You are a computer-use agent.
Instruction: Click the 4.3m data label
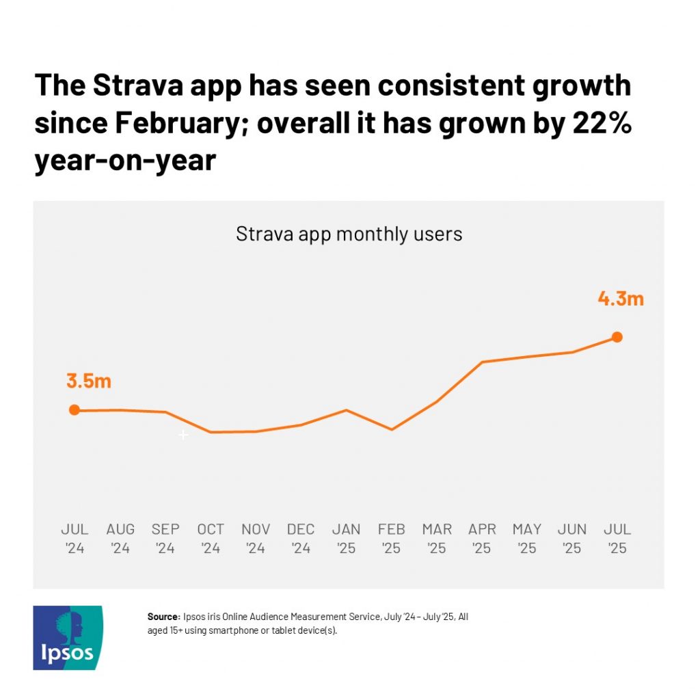pos(621,299)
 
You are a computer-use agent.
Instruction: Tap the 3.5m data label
pos(89,381)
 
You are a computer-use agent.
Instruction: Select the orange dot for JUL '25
pos(617,337)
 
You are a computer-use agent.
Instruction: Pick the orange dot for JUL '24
pos(75,410)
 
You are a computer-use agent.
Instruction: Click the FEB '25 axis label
pos(391,539)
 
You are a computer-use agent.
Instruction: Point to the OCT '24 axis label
pos(211,539)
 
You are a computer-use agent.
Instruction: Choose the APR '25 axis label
pos(482,539)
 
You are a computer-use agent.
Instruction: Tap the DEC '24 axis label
pos(301,539)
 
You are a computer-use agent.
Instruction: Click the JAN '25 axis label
pos(346,539)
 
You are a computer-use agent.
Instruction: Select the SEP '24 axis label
pos(165,539)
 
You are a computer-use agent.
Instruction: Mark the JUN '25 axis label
pos(572,539)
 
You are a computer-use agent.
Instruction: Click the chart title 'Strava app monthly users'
pos(349,234)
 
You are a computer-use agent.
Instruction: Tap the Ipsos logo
pos(68,637)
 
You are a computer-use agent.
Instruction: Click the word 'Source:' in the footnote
pos(163,617)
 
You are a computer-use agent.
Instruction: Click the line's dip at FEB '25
pos(391,429)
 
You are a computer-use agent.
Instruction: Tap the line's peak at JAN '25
pos(347,410)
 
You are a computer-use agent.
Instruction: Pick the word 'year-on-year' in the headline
pos(125,161)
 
